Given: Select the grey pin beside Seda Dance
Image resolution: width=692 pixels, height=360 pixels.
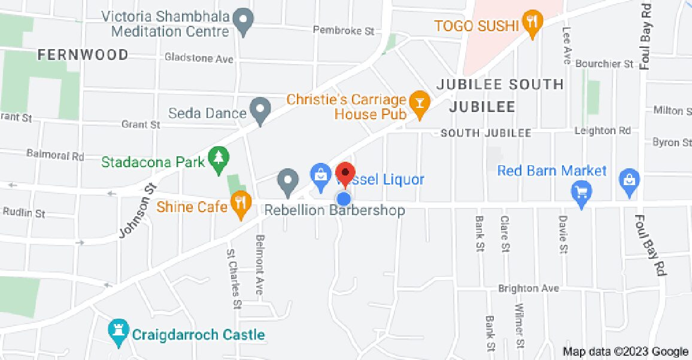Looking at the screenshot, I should (x=260, y=110).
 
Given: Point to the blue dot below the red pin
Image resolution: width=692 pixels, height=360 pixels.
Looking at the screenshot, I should (x=344, y=198).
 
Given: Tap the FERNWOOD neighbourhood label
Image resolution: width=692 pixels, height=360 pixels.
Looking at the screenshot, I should (x=83, y=55).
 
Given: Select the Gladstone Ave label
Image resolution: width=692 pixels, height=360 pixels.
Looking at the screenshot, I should (x=199, y=59).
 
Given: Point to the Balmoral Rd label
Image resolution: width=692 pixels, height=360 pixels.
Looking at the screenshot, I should (x=56, y=155).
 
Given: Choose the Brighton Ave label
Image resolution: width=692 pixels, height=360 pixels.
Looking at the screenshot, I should (x=529, y=288).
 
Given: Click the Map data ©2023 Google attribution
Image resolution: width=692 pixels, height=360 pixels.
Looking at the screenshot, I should (x=626, y=352).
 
